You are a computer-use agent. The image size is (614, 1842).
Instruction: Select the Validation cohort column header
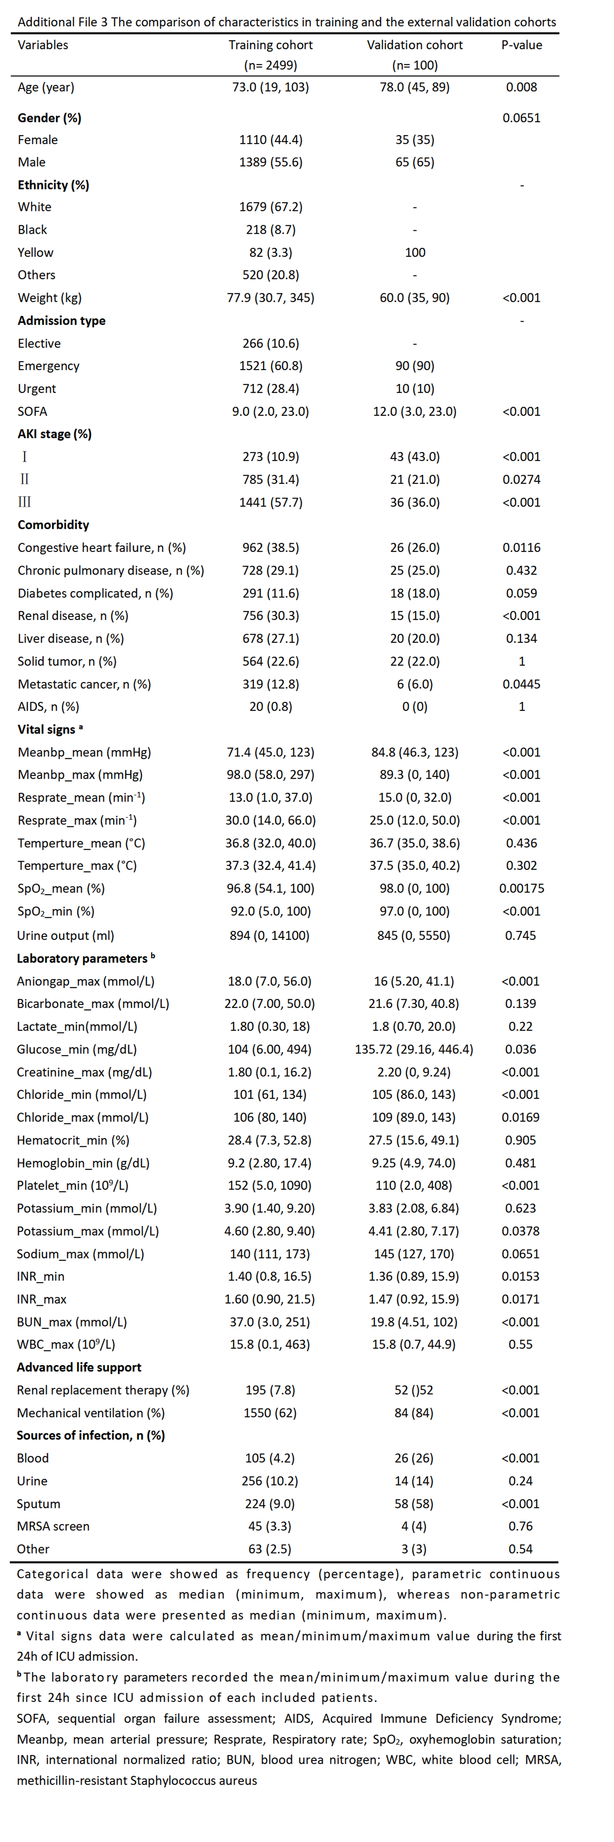pyautogui.click(x=414, y=45)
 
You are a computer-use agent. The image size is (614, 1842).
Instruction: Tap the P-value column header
pyautogui.click(x=522, y=45)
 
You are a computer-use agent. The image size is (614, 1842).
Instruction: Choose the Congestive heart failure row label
pyautogui.click(x=102, y=548)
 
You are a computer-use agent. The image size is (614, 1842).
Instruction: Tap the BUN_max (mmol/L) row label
pyautogui.click(x=72, y=1322)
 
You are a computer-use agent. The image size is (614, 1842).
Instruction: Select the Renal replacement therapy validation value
pyautogui.click(x=414, y=1390)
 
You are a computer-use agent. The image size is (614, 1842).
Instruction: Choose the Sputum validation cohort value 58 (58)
pyautogui.click(x=414, y=1504)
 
